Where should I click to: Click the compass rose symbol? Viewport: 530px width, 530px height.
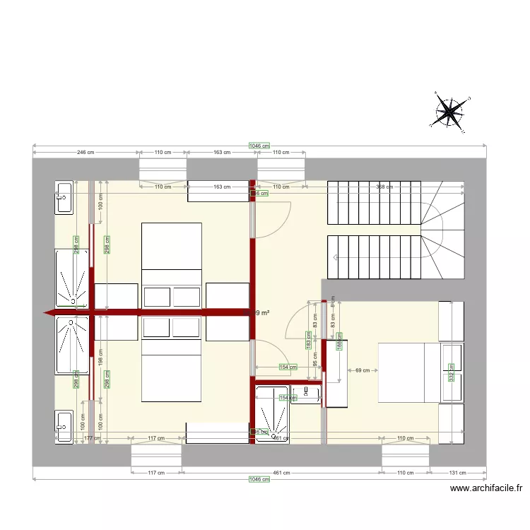coord(449,112)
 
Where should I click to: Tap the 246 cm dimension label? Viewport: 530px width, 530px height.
coord(86,153)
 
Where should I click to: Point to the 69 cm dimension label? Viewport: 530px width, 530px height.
coord(363,370)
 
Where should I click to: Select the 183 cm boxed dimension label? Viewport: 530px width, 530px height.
coord(309,339)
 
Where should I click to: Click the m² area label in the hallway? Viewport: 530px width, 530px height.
coord(261,312)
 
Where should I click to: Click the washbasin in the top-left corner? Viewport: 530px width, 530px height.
coord(64,198)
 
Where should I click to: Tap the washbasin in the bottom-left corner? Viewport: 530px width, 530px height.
coord(64,425)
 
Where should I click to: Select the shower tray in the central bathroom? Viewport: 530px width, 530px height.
coord(271,416)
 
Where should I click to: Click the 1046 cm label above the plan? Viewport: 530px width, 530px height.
coord(259,146)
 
